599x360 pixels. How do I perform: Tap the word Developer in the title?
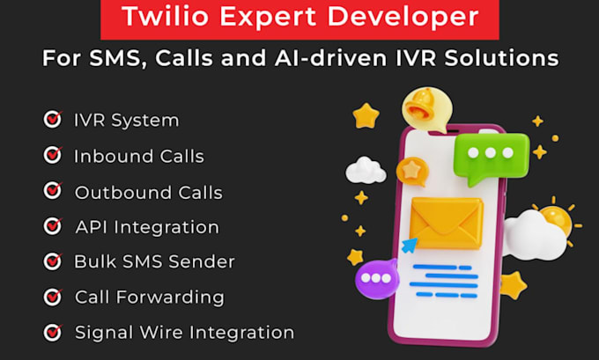click(x=417, y=17)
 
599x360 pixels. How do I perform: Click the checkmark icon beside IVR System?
click(x=53, y=120)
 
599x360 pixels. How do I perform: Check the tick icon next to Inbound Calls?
click(x=53, y=156)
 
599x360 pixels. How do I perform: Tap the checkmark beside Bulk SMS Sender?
click(x=53, y=261)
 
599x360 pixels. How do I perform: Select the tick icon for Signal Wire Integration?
click(x=53, y=332)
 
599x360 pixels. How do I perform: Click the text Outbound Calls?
click(x=148, y=192)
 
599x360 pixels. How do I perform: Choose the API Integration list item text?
click(x=146, y=227)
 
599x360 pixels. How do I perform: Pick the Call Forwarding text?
click(x=149, y=298)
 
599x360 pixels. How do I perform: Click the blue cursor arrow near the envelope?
click(x=410, y=244)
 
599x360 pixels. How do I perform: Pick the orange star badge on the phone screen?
click(x=411, y=170)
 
